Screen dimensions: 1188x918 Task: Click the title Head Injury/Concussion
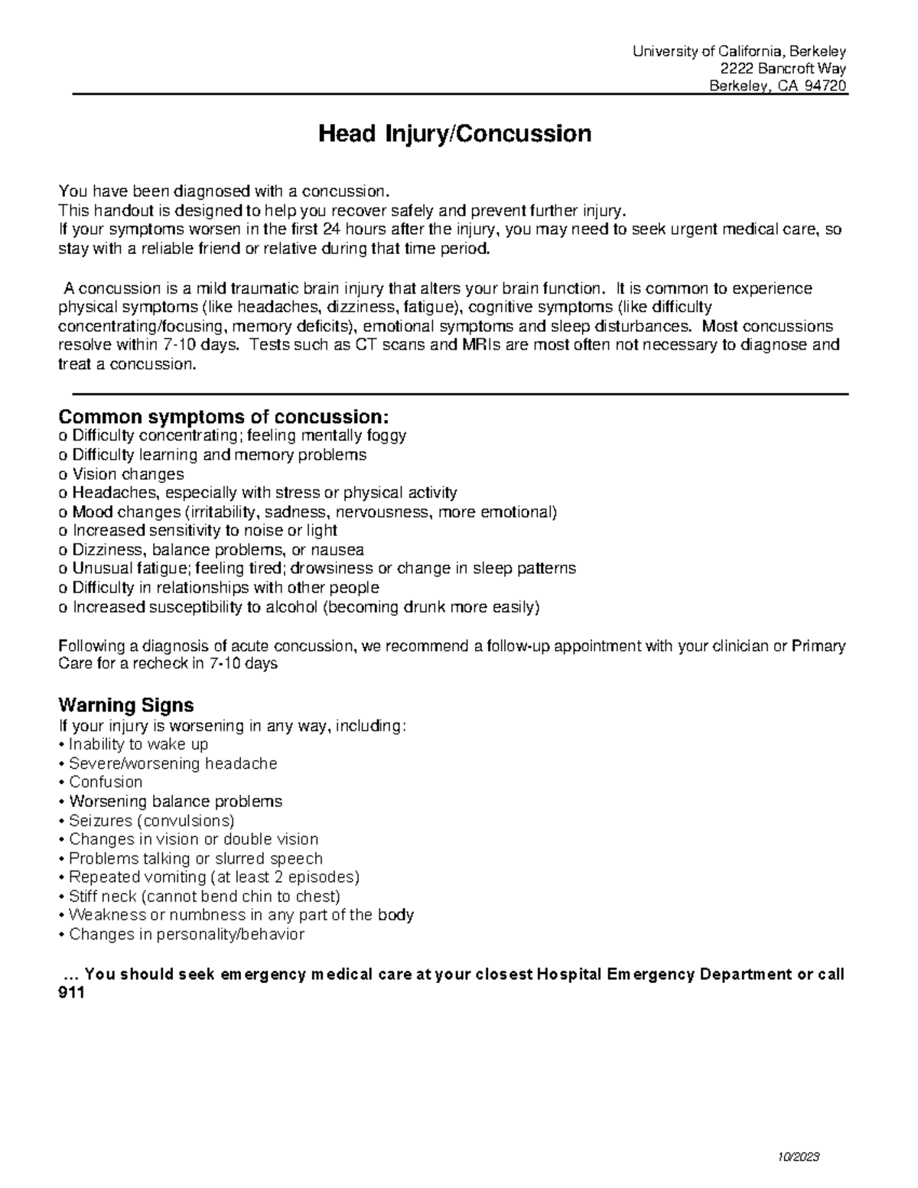[454, 135]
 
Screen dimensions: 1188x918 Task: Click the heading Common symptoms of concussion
[223, 417]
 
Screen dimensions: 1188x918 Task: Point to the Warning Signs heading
[126, 705]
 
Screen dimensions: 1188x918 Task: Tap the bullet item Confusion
[105, 782]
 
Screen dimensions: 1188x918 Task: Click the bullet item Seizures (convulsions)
[151, 820]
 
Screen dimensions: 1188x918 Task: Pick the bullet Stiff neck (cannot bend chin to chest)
[203, 896]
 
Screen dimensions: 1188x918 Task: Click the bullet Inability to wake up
[138, 744]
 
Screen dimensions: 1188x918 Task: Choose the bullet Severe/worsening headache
[172, 763]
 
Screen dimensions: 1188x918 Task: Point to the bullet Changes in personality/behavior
[186, 934]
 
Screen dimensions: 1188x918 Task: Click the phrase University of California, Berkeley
[739, 51]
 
